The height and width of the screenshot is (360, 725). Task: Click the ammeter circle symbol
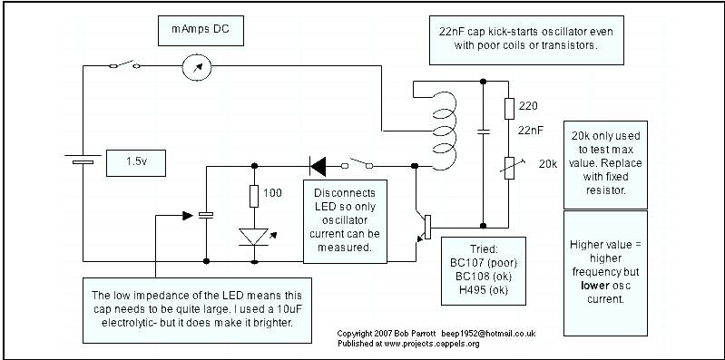197,66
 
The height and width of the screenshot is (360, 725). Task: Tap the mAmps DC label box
201,31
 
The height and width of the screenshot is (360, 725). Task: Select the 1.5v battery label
136,162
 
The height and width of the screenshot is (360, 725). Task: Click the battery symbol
83,159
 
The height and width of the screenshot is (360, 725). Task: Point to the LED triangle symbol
254,237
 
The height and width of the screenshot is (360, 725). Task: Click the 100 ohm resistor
254,196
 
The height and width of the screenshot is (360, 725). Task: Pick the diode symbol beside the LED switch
318,166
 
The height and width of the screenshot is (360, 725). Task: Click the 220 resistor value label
528,106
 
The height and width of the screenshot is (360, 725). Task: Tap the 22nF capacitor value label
530,131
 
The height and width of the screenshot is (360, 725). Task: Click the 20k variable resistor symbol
509,168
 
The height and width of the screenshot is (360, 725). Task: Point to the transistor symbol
423,227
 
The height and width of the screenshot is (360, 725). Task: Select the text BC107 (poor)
483,263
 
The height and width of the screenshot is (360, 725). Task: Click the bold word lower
595,286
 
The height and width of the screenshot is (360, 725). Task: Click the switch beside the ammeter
125,64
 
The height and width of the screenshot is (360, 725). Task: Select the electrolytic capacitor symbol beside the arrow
206,214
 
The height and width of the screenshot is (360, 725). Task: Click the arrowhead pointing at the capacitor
187,215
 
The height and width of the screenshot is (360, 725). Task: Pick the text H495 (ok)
483,290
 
